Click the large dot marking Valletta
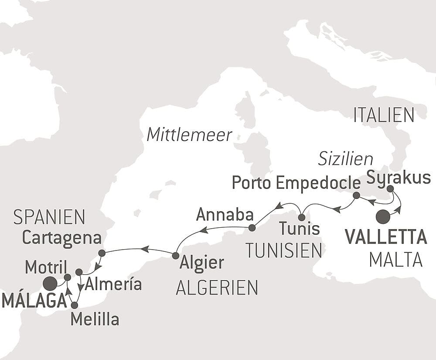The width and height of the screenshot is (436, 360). [x=383, y=217]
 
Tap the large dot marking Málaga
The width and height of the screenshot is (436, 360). [x=50, y=284]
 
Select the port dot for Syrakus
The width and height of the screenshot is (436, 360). [x=390, y=189]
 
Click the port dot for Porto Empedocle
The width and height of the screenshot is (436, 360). [x=356, y=195]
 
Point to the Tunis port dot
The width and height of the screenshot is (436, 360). [x=301, y=217]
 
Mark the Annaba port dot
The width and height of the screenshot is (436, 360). [x=252, y=228]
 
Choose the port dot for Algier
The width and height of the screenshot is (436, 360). [x=175, y=255]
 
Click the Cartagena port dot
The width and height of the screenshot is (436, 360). [x=102, y=253]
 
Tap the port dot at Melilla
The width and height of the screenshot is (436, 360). [x=74, y=305]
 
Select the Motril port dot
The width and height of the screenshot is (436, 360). [x=68, y=277]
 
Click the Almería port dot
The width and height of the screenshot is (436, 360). [x=79, y=272]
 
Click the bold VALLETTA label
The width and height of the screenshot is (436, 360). [x=385, y=237]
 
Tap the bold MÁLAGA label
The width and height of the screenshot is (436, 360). [x=34, y=301]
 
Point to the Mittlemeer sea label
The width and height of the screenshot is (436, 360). [x=189, y=135]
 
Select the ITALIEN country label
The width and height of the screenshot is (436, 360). [x=384, y=115]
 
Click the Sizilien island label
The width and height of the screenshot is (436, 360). [x=345, y=159]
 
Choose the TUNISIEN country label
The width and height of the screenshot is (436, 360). [x=283, y=250]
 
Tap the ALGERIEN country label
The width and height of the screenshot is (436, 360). [x=217, y=288]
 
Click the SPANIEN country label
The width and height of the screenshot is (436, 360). [x=49, y=216]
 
